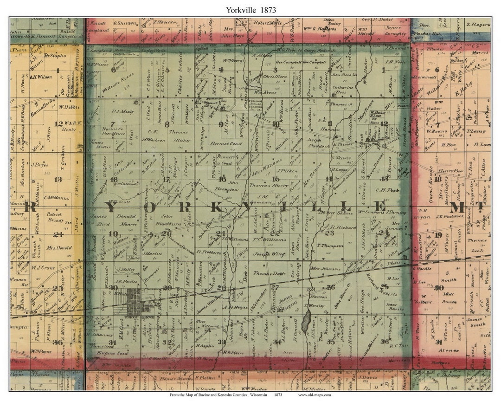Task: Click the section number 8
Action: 167,124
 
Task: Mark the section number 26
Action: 330,287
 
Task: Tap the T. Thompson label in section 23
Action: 330,246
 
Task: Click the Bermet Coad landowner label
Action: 226,144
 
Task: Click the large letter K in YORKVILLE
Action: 216,207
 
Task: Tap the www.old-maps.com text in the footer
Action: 314,395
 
